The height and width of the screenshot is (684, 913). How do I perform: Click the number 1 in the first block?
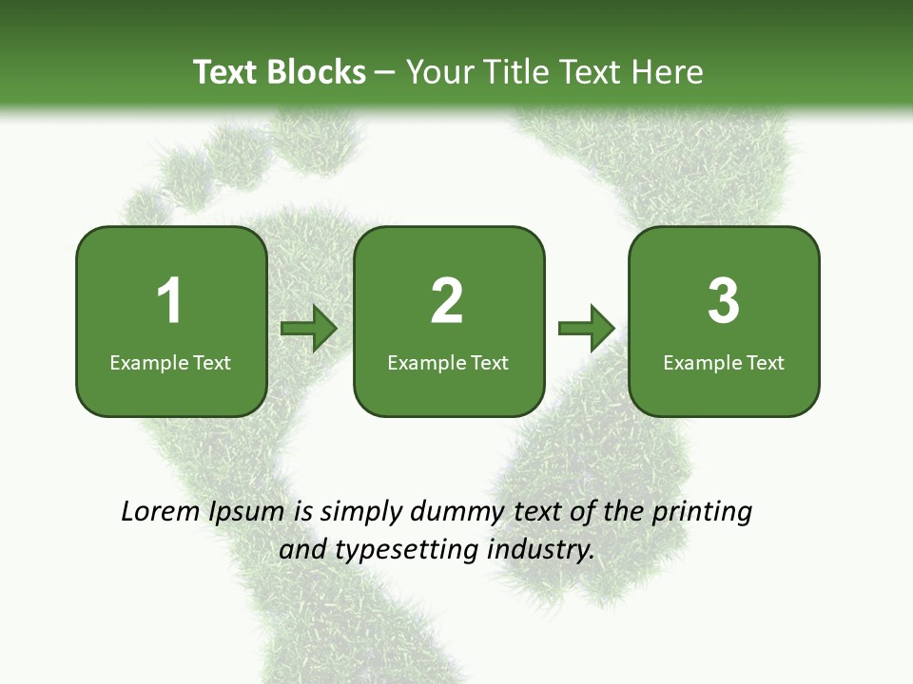pyautogui.click(x=169, y=302)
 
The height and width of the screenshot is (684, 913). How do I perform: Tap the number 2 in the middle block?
pyautogui.click(x=447, y=302)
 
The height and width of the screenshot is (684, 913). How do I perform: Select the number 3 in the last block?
pyautogui.click(x=724, y=302)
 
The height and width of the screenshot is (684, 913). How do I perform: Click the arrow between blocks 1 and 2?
pyautogui.click(x=309, y=329)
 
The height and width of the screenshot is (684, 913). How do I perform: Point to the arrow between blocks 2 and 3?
pyautogui.click(x=587, y=329)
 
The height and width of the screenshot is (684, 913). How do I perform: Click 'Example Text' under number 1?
pyautogui.click(x=170, y=362)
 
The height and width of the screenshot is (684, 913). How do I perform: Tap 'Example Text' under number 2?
pyautogui.click(x=448, y=362)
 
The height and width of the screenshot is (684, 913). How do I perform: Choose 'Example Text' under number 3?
pyautogui.click(x=724, y=362)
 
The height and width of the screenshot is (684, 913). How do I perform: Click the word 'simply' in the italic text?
pyautogui.click(x=360, y=512)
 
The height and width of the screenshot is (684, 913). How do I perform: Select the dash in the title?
pyautogui.click(x=385, y=72)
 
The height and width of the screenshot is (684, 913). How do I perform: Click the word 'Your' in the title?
pyautogui.click(x=440, y=72)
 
